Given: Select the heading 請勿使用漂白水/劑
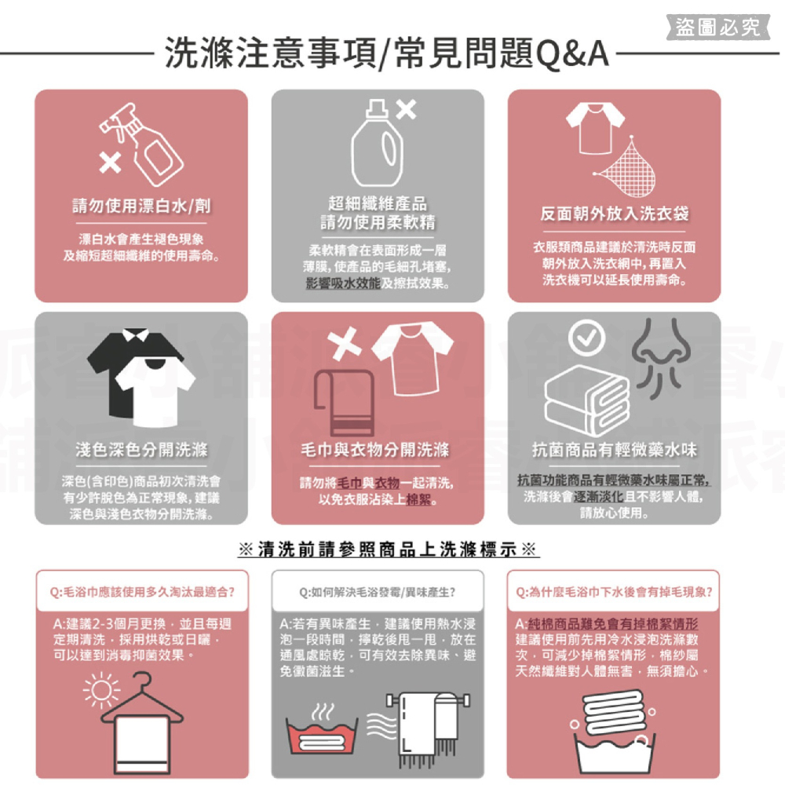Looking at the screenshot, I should tap(141, 206).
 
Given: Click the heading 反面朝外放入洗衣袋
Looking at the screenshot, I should tap(614, 214).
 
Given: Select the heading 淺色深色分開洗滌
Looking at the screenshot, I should tap(141, 450).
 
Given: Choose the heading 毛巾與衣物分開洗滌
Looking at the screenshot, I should tap(378, 450).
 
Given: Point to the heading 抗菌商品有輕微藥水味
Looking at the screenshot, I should tap(614, 450).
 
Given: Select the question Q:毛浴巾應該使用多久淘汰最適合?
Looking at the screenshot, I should tap(141, 590).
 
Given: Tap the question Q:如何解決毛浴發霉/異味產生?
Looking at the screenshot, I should tap(378, 590).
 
